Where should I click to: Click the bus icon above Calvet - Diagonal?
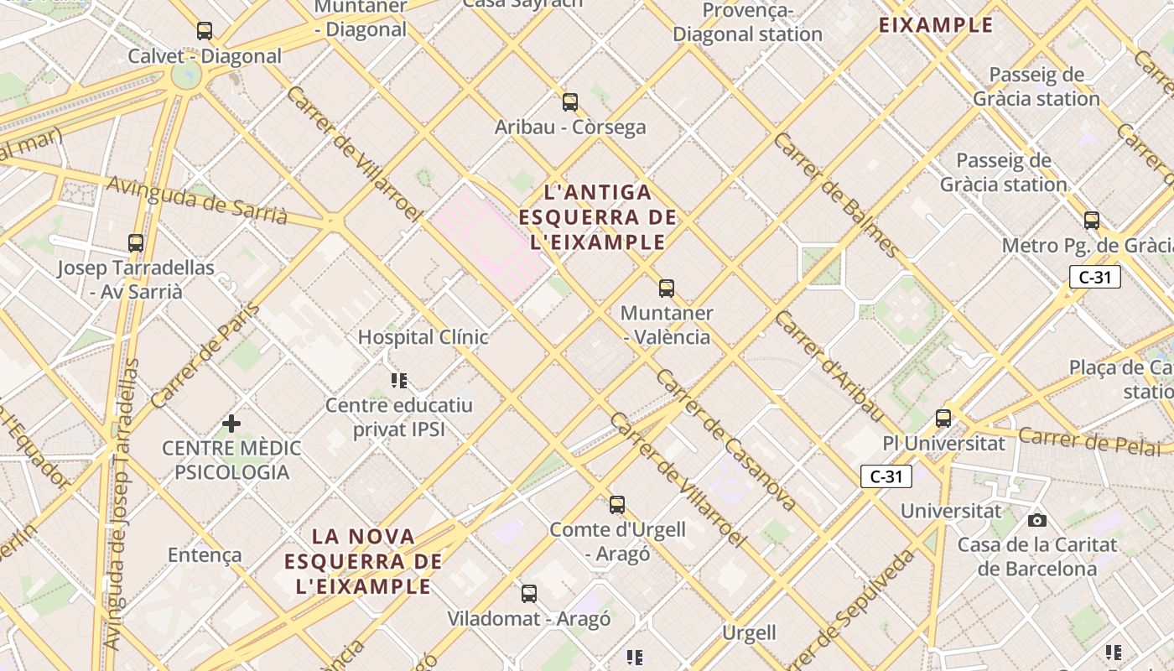pyautogui.click(x=205, y=31)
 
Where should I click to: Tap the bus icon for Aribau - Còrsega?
pyautogui.click(x=570, y=102)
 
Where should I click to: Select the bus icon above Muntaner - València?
pyautogui.click(x=667, y=289)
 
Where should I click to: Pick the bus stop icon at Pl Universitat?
pyautogui.click(x=943, y=418)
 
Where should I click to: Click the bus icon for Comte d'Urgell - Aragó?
pyautogui.click(x=617, y=505)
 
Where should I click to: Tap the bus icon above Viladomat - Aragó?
pyautogui.click(x=529, y=594)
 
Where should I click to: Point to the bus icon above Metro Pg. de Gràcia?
pyautogui.click(x=1092, y=221)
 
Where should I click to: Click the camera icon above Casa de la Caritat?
pyautogui.click(x=1037, y=520)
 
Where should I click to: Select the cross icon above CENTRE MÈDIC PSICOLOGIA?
pyautogui.click(x=231, y=424)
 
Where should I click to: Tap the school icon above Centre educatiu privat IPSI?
pyautogui.click(x=399, y=381)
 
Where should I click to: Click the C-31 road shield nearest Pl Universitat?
pyautogui.click(x=886, y=476)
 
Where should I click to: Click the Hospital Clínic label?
pyautogui.click(x=423, y=337)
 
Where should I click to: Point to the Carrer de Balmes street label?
pyautogui.click(x=836, y=195)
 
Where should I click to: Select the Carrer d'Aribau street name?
pyautogui.click(x=829, y=367)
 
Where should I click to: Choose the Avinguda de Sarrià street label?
pyautogui.click(x=198, y=200)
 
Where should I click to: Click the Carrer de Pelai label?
pyautogui.click(x=1090, y=440)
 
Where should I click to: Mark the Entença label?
pyautogui.click(x=205, y=555)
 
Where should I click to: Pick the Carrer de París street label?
pyautogui.click(x=205, y=356)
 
